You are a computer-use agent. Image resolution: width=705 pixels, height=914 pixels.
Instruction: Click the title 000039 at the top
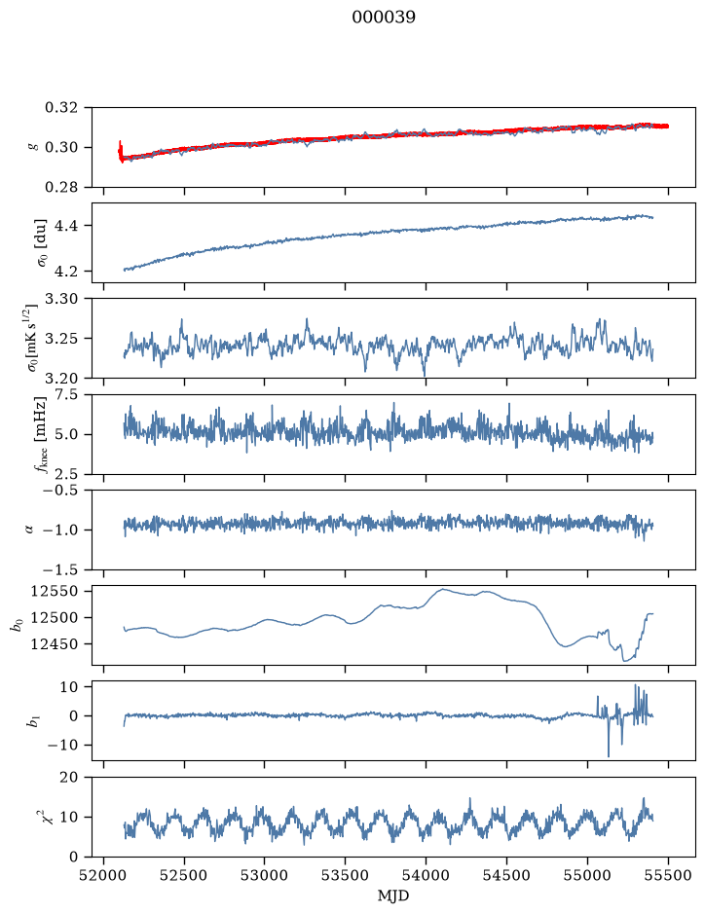click(x=384, y=18)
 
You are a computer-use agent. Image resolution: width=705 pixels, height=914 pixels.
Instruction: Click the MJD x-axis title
click(x=393, y=896)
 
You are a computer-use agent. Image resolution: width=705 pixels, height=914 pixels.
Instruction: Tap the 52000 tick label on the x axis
click(x=104, y=876)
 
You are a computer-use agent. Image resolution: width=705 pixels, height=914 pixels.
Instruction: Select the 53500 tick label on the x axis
click(x=346, y=876)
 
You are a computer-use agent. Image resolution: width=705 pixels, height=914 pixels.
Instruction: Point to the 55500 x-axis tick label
click(x=668, y=876)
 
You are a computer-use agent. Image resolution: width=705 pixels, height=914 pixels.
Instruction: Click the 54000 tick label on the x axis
click(x=426, y=876)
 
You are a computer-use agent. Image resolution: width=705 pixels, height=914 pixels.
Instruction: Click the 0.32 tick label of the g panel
click(x=60, y=108)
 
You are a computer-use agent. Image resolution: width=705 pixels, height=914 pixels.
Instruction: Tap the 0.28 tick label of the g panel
click(x=60, y=187)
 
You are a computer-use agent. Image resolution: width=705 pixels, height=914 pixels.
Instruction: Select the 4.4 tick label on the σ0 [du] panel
click(x=65, y=226)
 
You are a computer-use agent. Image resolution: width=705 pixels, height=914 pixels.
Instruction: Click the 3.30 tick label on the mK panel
click(x=60, y=299)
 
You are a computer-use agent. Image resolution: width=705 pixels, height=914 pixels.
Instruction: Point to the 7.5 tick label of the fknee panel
click(x=65, y=394)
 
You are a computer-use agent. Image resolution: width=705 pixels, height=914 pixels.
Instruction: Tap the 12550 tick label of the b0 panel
click(x=55, y=592)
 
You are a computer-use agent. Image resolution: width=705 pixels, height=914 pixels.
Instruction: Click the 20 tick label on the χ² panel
click(x=69, y=778)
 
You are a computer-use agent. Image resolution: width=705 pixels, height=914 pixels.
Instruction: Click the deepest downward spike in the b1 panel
click(x=609, y=756)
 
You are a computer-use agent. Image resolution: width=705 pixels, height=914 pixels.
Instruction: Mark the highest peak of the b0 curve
click(x=442, y=589)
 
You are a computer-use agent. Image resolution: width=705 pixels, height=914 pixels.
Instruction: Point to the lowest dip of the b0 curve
click(x=624, y=661)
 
